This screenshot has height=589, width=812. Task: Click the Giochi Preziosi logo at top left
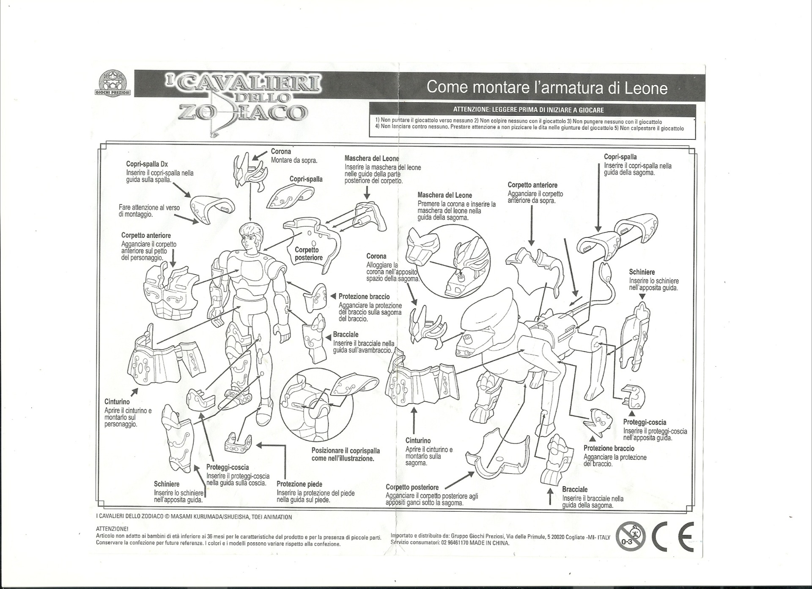[x=112, y=82]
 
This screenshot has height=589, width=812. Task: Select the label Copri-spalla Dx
[x=147, y=164]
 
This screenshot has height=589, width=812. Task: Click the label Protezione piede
[x=299, y=484]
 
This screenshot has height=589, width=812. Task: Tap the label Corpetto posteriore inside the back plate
[x=309, y=254]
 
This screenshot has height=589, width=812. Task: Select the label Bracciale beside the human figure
[x=346, y=335]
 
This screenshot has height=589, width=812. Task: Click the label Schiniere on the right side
[x=642, y=272]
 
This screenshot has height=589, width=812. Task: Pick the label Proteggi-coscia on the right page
[x=645, y=422]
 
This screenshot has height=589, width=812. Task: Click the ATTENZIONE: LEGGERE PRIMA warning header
[x=528, y=110]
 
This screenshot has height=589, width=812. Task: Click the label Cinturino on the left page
[x=117, y=402]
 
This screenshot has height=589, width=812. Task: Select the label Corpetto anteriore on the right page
[x=532, y=185]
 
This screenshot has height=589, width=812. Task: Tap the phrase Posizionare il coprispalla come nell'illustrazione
[x=346, y=455]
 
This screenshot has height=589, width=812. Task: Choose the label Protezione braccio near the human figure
[x=364, y=297]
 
